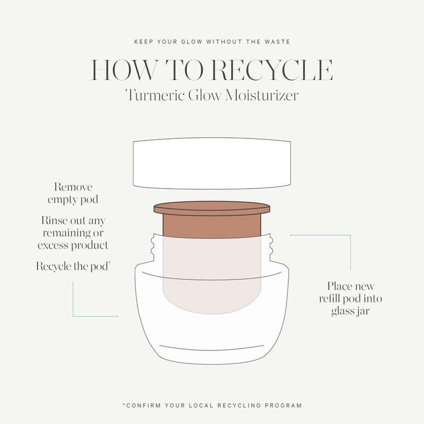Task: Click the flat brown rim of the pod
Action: point(211,209)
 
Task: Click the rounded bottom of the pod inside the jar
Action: point(211,302)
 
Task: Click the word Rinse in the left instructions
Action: point(52,220)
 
